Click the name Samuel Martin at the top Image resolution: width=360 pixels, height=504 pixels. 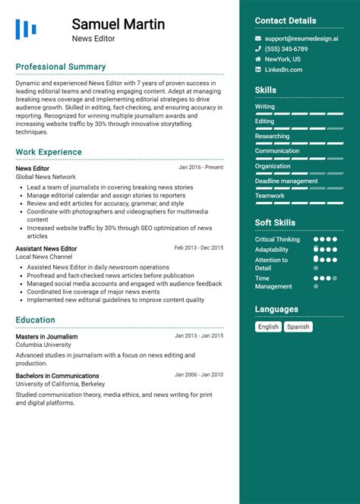[118, 24]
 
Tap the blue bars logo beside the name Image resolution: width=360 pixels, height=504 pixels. [26, 30]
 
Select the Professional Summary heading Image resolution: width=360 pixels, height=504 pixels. [61, 67]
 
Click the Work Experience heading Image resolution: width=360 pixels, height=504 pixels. [49, 152]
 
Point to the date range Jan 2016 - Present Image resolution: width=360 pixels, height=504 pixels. [201, 168]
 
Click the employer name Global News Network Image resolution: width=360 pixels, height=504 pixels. [46, 177]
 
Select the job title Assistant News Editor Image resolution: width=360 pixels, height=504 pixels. [46, 248]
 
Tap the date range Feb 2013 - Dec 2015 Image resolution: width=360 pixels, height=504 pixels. [198, 247]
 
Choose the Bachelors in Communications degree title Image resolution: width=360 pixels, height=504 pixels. [58, 375]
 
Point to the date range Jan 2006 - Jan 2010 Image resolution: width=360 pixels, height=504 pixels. [199, 374]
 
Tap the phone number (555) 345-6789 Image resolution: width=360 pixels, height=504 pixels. [286, 49]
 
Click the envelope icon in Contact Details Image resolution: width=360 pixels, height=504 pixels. [258, 38]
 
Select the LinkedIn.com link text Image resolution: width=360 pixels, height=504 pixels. [283, 70]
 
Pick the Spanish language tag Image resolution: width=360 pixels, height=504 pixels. [298, 327]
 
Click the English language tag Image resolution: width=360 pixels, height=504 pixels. [268, 327]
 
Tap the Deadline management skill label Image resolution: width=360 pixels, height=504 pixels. [286, 181]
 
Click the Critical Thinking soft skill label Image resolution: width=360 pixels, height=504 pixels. [277, 239]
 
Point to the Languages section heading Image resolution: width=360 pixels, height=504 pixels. [276, 310]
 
